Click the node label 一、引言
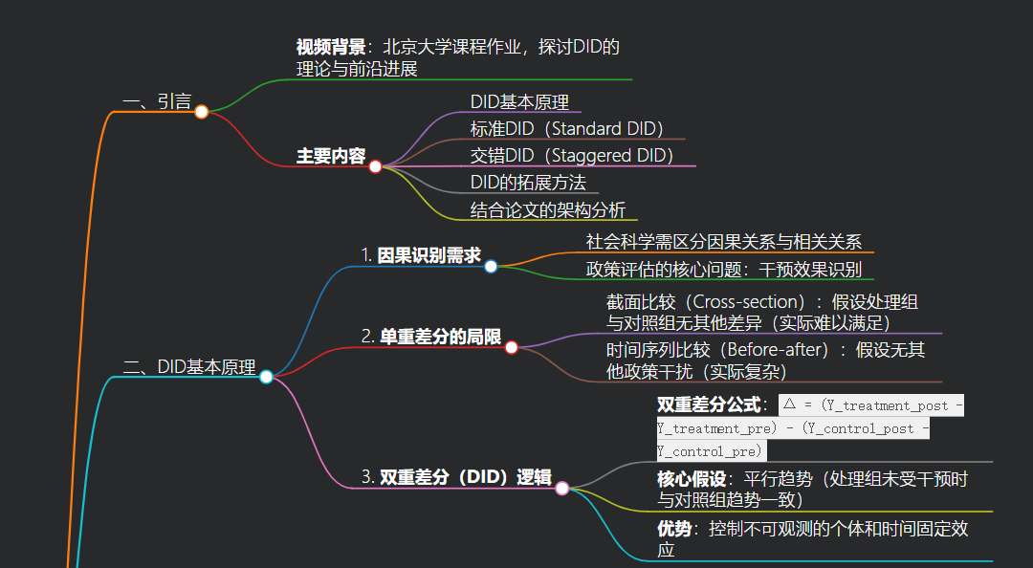[x=157, y=101]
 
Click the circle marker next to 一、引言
[x=202, y=112]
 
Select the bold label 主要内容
[x=330, y=156]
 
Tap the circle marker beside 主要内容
[x=375, y=166]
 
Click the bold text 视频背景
[x=330, y=47]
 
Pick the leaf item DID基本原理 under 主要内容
[x=519, y=102]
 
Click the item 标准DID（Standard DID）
[x=566, y=129]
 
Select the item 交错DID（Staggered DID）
[x=572, y=156]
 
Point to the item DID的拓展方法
[x=528, y=183]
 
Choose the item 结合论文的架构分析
[x=548, y=210]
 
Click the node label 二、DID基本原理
[x=190, y=367]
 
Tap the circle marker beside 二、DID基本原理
[x=266, y=377]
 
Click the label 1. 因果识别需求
[x=421, y=255]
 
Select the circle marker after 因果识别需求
[x=491, y=266]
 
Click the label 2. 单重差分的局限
[x=431, y=337]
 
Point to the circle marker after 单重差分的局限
[x=511, y=347]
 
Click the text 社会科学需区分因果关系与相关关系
[x=724, y=243]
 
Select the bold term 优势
[x=673, y=528]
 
